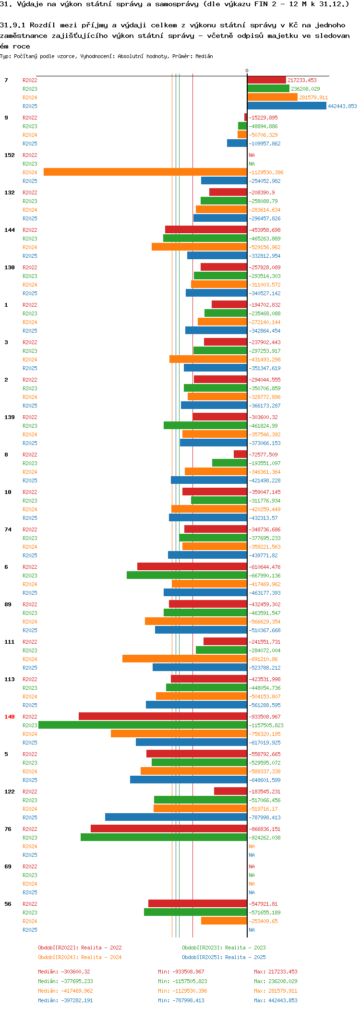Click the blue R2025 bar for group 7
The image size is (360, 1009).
[x=287, y=106]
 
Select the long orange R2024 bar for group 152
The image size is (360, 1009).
[x=145, y=172]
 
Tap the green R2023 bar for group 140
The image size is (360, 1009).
[x=143, y=725]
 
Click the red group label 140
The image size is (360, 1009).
[x=10, y=717]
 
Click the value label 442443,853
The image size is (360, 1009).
[x=342, y=106]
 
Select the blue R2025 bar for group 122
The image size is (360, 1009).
[x=176, y=817]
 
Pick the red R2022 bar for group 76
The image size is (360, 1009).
[x=168, y=829]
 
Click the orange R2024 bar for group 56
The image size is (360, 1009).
[x=224, y=921]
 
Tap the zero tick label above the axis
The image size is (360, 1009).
[x=247, y=71]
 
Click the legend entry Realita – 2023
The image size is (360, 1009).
[x=224, y=948]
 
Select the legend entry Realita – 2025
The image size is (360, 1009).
[x=224, y=957]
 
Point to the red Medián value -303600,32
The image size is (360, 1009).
[x=64, y=972]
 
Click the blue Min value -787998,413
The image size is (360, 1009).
[x=181, y=1000]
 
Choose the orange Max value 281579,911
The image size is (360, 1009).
[x=276, y=991]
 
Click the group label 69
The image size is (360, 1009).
[x=8, y=866]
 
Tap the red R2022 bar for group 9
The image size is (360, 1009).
[x=245, y=118]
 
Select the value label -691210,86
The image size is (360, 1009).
[x=263, y=659]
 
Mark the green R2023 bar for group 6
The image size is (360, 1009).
[x=187, y=576]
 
